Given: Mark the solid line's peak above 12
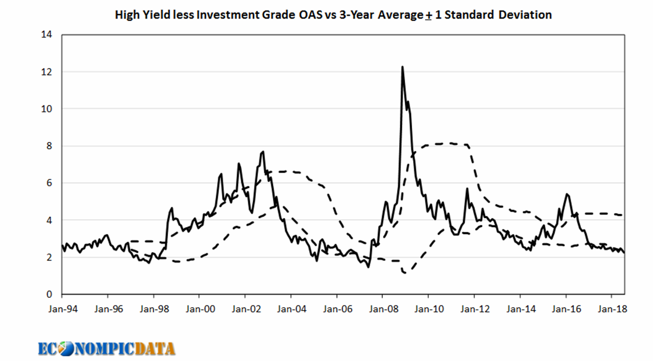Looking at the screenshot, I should pos(402,67).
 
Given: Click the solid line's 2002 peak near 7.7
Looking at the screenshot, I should pos(263,151).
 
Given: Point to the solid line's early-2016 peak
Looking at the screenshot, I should pos(567,194).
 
